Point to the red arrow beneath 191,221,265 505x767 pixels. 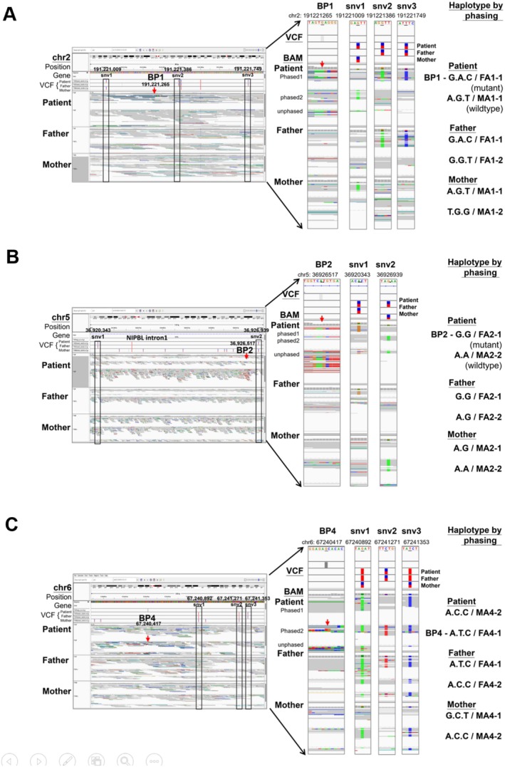click(154, 90)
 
